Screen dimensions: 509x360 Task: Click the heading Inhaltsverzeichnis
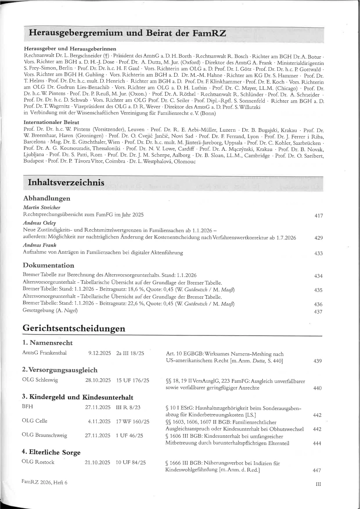(66, 183)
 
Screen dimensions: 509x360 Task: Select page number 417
(318, 216)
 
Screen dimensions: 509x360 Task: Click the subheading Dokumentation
(48, 265)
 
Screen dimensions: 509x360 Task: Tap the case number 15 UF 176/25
(133, 380)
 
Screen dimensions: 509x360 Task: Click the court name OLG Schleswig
(39, 380)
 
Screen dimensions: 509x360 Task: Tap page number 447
(317, 470)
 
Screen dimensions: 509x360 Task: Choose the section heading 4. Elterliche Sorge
(51, 452)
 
